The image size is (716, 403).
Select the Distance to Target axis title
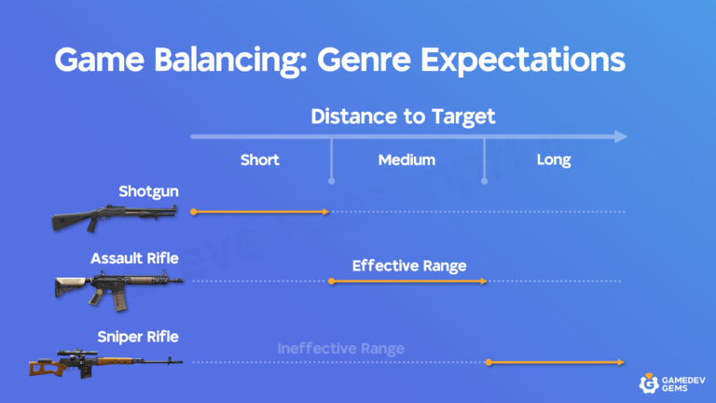pyautogui.click(x=403, y=117)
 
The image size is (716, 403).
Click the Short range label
pyautogui.click(x=259, y=160)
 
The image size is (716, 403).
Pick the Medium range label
pyautogui.click(x=406, y=160)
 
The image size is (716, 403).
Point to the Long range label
pyautogui.click(x=554, y=160)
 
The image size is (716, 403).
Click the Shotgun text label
pyautogui.click(x=148, y=191)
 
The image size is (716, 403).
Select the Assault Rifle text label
pyautogui.click(x=134, y=258)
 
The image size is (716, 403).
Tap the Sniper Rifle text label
pyautogui.click(x=138, y=336)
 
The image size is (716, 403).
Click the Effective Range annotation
pyautogui.click(x=408, y=266)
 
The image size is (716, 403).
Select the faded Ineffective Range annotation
pyautogui.click(x=340, y=349)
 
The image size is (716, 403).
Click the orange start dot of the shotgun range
pyautogui.click(x=193, y=213)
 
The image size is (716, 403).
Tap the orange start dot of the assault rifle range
pyautogui.click(x=332, y=280)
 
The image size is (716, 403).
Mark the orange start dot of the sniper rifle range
pyautogui.click(x=487, y=362)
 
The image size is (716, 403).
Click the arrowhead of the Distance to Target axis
pyautogui.click(x=620, y=137)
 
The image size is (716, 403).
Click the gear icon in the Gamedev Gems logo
pyautogui.click(x=649, y=382)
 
